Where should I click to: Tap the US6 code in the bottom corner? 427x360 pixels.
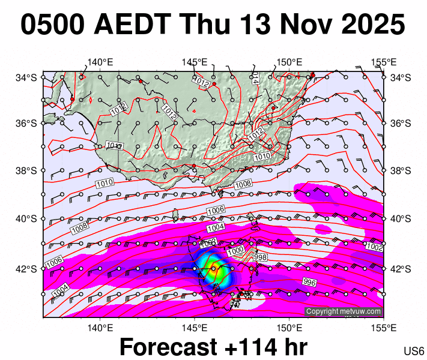[x=414, y=351]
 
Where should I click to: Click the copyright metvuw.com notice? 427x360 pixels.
[x=344, y=311]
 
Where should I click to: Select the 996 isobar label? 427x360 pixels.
[x=309, y=282]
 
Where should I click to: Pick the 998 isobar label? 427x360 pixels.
[x=261, y=257]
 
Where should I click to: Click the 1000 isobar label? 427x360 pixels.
[x=236, y=250]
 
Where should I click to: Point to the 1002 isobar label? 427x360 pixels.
[x=374, y=247]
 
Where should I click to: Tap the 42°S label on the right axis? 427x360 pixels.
[x=401, y=268]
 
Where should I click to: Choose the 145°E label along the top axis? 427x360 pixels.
[x=195, y=62]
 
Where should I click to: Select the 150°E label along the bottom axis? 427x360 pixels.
[x=288, y=328]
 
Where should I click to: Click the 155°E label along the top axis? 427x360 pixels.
[x=384, y=62]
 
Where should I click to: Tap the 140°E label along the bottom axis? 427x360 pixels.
[x=100, y=328]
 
